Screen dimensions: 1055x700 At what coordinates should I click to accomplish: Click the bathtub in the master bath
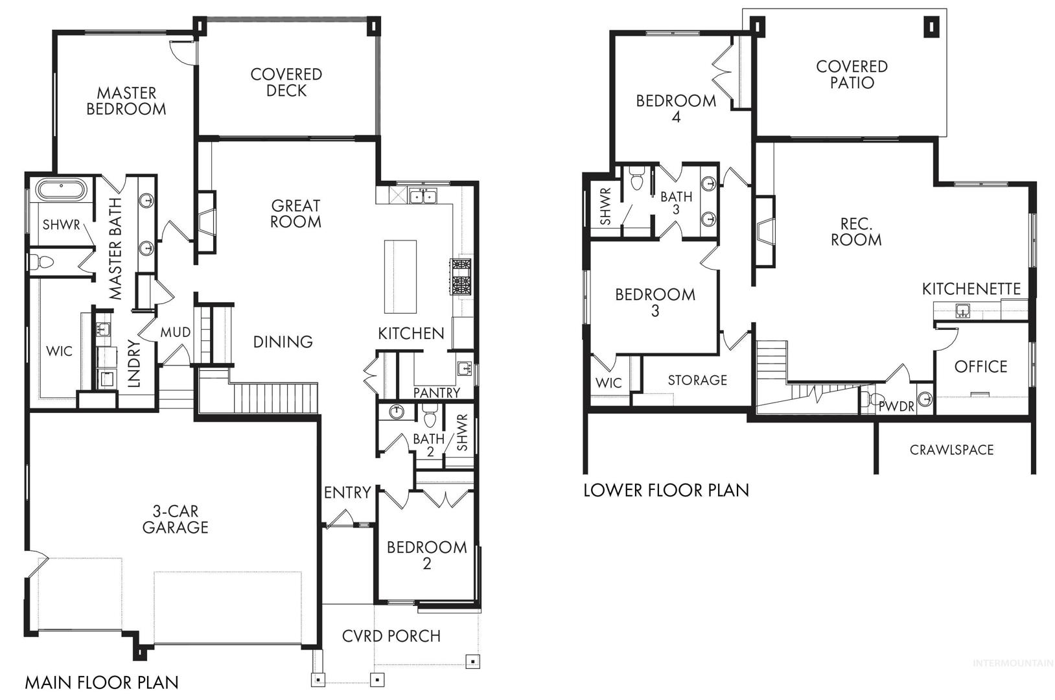[x=61, y=191]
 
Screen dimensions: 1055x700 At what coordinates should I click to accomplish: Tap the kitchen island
[x=400, y=277]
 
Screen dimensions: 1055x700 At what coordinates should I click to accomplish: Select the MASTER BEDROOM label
[x=126, y=101]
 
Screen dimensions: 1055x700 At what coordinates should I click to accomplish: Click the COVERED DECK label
[x=286, y=82]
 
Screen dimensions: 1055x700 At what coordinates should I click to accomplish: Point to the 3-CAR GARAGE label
[x=175, y=519]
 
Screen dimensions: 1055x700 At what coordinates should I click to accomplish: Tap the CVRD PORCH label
[x=391, y=636]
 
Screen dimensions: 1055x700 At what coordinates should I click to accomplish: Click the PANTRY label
[x=437, y=392]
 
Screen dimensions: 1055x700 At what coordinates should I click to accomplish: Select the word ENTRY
[x=347, y=493]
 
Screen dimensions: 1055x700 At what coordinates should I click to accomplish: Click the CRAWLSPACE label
[x=952, y=450]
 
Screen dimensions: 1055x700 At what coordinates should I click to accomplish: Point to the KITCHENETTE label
[x=971, y=289]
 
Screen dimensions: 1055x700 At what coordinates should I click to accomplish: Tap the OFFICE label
[x=981, y=366]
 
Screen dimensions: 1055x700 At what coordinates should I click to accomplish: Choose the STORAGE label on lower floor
[x=697, y=380]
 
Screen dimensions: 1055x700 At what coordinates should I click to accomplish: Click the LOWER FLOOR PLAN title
[x=666, y=491]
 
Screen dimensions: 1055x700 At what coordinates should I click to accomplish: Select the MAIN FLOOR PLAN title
[x=102, y=682]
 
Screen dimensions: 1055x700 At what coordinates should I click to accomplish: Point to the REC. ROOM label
[x=856, y=232]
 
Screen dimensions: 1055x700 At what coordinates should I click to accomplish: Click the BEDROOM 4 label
[x=677, y=108]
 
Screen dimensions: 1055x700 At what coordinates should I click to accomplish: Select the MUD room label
[x=176, y=332]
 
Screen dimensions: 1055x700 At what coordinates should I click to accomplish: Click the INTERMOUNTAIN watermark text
[x=1013, y=663]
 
